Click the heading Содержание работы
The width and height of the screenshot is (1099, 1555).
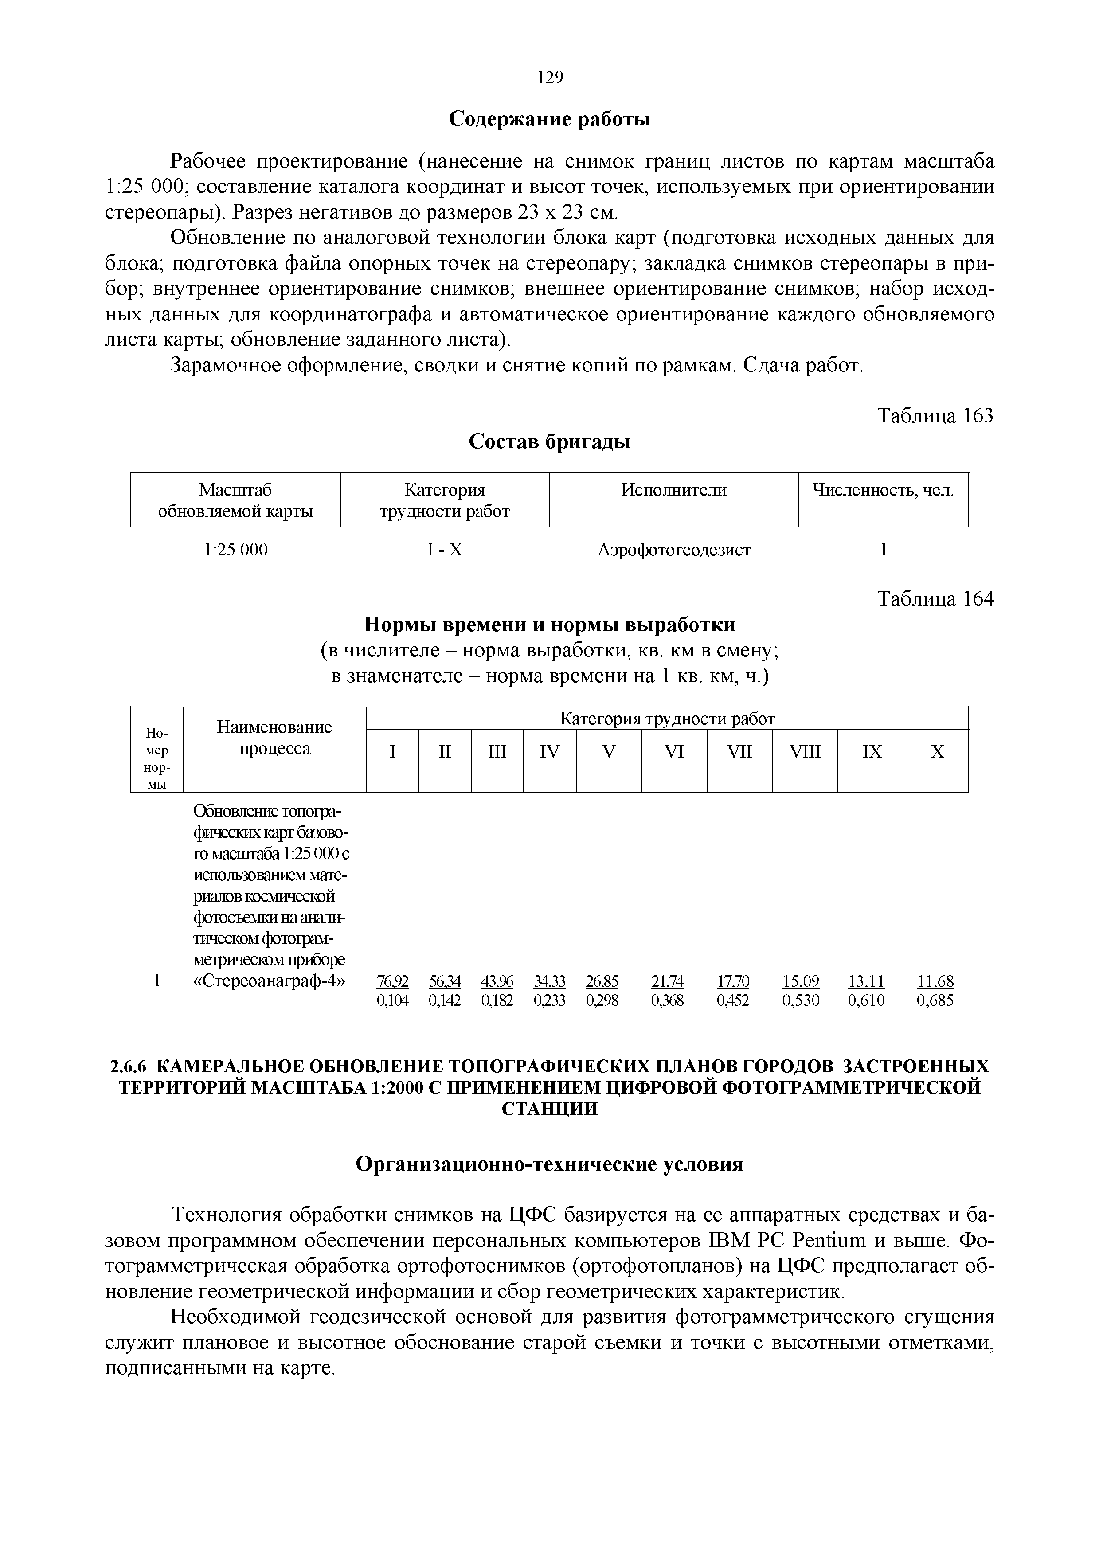pyautogui.click(x=550, y=119)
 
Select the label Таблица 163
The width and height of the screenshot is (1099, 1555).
pyautogui.click(x=935, y=415)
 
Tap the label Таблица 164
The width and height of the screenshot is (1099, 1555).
pyautogui.click(x=935, y=599)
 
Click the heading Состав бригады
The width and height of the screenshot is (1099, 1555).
pyautogui.click(x=550, y=441)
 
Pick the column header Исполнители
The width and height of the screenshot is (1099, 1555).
pyautogui.click(x=674, y=490)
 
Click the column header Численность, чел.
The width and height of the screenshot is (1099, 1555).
pyautogui.click(x=883, y=490)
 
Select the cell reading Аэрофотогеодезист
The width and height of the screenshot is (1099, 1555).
pyautogui.click(x=674, y=550)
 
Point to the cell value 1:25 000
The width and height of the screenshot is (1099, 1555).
pyautogui.click(x=236, y=550)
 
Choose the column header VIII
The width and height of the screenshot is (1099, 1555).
pyautogui.click(x=805, y=752)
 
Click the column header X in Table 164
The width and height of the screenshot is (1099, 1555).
pyautogui.click(x=937, y=752)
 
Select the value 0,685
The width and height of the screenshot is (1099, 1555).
pyautogui.click(x=935, y=1000)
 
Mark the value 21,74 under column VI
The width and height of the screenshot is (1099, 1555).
pyautogui.click(x=667, y=981)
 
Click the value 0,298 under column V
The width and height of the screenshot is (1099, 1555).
pyautogui.click(x=602, y=1000)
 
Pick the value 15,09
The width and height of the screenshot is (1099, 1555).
pyautogui.click(x=800, y=981)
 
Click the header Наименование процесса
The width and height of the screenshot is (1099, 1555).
pyautogui.click(x=274, y=738)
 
